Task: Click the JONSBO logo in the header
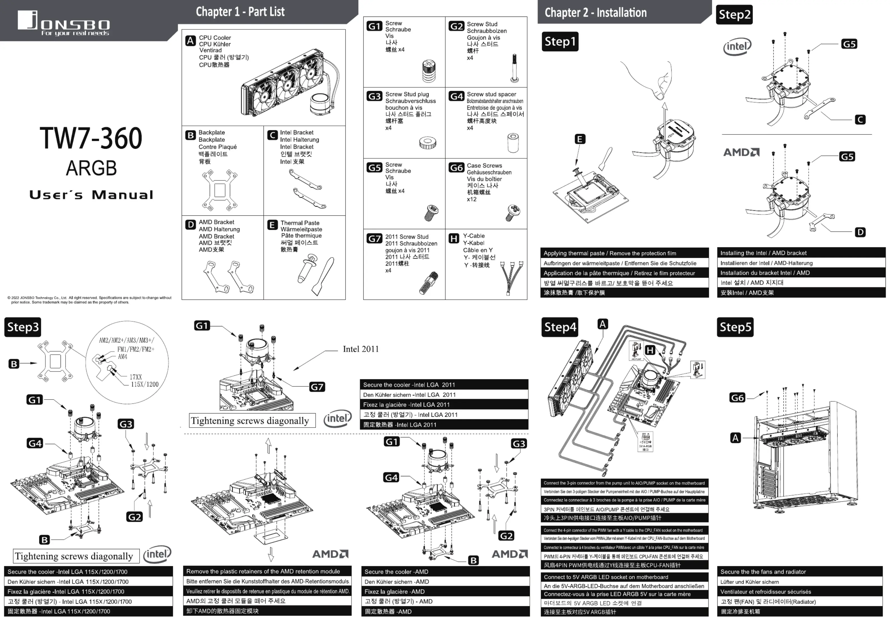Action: click(x=64, y=23)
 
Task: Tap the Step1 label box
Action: click(x=560, y=41)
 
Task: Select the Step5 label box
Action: click(x=735, y=327)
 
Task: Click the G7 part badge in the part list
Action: click(x=374, y=238)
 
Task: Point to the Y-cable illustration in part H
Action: click(x=511, y=277)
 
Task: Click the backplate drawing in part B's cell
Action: click(x=219, y=190)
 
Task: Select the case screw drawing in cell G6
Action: click(x=513, y=212)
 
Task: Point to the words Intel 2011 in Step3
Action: click(x=360, y=349)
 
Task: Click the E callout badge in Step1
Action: click(x=579, y=139)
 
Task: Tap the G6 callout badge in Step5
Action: click(x=737, y=397)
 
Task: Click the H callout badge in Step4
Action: click(x=650, y=350)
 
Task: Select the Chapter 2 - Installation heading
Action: click(x=595, y=12)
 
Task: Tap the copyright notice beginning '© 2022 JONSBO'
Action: click(x=89, y=300)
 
